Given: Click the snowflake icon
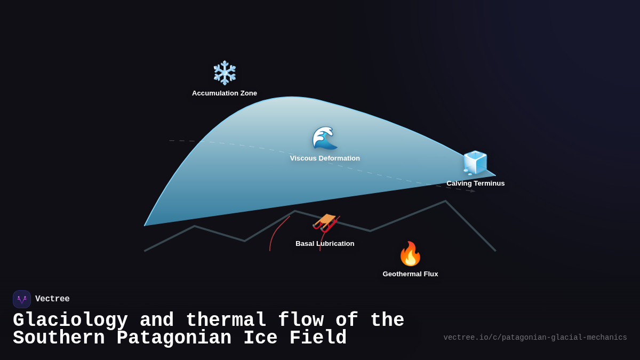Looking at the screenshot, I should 225,73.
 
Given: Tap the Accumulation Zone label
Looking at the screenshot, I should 225,93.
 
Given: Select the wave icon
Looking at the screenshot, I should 325,138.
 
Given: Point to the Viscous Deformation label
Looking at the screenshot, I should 325,158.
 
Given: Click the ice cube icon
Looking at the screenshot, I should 475,163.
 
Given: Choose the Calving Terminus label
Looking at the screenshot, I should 475,183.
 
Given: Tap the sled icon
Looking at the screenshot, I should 325,223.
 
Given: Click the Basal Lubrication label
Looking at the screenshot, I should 325,244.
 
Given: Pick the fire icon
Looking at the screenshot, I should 410,254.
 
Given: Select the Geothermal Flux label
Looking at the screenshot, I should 410,274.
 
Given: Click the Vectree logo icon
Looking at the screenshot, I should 22,299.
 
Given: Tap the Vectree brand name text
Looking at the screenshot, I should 52,299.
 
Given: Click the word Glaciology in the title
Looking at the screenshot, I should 70,321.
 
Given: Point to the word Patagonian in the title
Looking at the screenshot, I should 174,338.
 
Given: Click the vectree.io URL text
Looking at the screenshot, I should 535,338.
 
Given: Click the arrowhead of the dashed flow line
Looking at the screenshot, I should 473,191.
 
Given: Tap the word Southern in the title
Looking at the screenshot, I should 59,338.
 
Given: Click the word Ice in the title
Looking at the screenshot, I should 260,338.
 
